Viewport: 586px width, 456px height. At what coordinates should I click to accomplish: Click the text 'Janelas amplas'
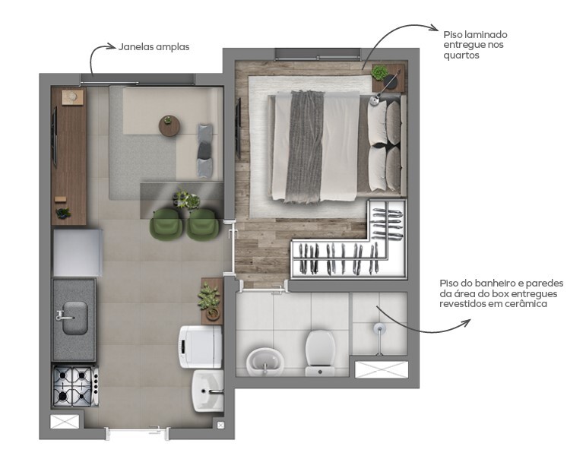(154, 47)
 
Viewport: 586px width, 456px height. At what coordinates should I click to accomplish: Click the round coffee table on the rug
(169, 125)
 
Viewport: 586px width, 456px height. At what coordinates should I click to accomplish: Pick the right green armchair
(203, 223)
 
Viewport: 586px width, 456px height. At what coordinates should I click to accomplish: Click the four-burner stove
(74, 385)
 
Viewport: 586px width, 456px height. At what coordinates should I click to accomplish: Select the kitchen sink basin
(74, 318)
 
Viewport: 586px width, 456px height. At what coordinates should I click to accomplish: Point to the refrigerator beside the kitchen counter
(77, 253)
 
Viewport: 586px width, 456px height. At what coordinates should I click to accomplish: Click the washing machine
(200, 347)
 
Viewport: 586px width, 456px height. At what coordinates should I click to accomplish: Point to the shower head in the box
(379, 328)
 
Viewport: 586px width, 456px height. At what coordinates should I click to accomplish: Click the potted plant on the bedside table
(380, 74)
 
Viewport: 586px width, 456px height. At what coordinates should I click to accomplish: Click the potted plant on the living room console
(63, 213)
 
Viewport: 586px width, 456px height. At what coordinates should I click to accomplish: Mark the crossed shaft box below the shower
(382, 370)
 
